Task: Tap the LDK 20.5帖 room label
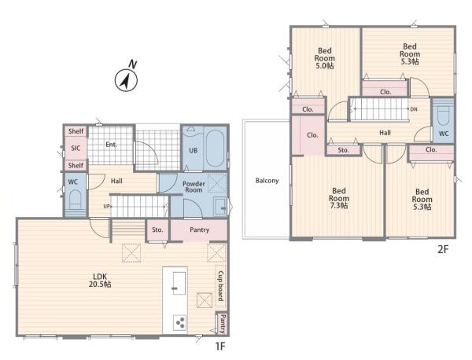coord(100,281)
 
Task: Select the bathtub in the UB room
coord(215,149)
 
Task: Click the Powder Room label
coord(194,187)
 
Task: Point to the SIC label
coord(76,148)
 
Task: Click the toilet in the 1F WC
coord(75,200)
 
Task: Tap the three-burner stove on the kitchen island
coord(180,323)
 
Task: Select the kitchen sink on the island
coord(179,283)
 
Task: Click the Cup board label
coord(220,285)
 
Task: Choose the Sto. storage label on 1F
coord(157,230)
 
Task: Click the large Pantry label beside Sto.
coord(199,230)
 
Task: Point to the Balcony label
coord(267,181)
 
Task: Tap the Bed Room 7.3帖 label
coord(339,198)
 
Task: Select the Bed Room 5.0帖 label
coord(324,58)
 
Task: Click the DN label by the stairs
coord(414,109)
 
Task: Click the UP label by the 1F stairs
coord(108,206)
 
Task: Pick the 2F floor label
coord(443,249)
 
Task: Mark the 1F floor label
coord(220,346)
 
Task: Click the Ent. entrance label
coord(111,145)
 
